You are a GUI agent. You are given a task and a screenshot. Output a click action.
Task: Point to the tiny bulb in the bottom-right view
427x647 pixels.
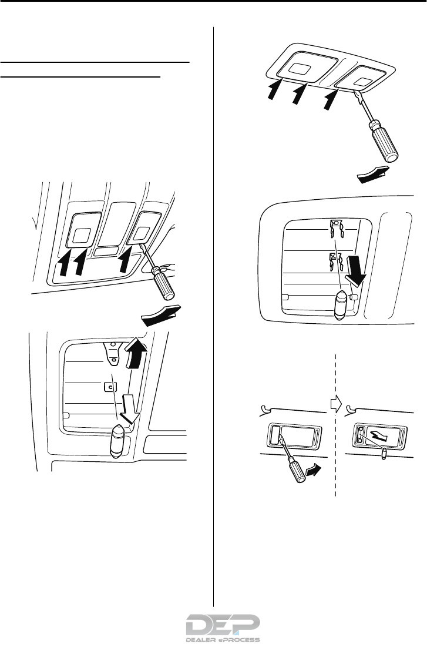click(x=384, y=452)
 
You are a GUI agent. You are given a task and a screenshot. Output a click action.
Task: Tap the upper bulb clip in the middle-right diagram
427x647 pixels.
click(x=335, y=226)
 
